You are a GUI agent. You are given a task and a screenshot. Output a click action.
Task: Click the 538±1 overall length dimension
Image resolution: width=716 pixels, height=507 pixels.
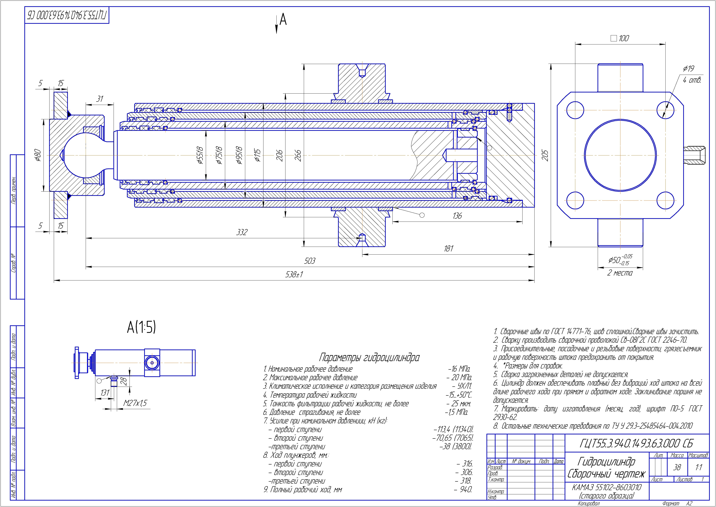coord(294,274)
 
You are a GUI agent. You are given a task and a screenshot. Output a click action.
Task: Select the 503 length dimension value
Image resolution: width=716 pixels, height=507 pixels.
coord(310,261)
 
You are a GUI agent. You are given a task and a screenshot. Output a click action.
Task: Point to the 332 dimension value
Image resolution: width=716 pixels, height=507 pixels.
coord(242,232)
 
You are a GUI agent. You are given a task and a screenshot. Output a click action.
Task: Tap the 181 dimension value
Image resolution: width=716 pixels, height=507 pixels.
coord(448,249)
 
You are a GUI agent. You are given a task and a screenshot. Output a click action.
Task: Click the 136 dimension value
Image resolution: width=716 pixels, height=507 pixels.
coord(457,216)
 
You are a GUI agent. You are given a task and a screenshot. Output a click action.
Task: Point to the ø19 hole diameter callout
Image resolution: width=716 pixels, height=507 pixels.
coord(689,69)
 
